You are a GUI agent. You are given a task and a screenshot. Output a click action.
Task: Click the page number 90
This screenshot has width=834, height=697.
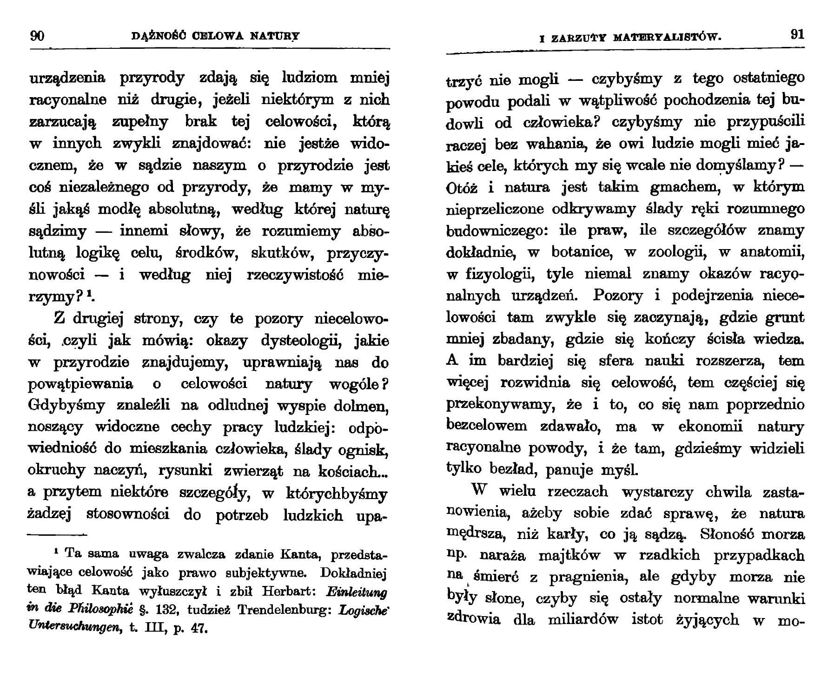(x=37, y=35)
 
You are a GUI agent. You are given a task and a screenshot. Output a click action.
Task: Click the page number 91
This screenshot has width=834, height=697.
(x=797, y=35)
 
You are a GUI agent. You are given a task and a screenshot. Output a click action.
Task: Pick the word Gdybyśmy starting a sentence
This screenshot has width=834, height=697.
(x=67, y=406)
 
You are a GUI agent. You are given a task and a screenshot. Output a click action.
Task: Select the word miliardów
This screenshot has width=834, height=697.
(x=589, y=620)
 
